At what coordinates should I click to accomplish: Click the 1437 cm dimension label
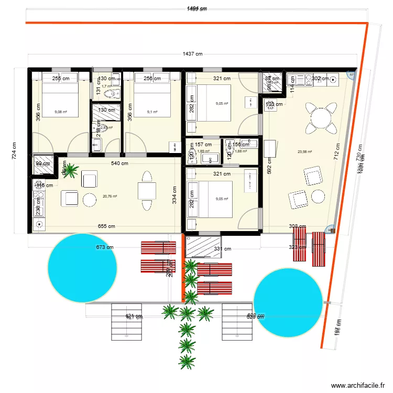click(192, 53)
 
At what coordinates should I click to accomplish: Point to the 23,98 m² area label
click(304, 152)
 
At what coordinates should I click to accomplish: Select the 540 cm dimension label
click(119, 163)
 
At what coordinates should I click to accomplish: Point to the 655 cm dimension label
click(107, 226)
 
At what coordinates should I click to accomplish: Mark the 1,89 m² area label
click(203, 151)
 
